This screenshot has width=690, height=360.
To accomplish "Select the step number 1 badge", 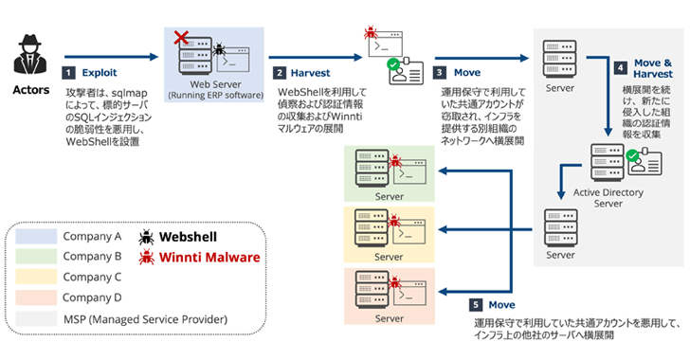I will tap(68, 72).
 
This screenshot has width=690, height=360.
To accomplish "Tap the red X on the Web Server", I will tap(176, 37).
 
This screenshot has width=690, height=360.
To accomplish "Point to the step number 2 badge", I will tap(281, 72).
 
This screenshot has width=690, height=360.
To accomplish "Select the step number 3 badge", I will tap(441, 72).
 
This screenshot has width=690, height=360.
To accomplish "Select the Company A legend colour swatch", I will tap(35, 236).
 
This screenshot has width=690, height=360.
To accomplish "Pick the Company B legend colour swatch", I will tap(35, 257).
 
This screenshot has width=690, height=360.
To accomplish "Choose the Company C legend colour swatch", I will tap(35, 278).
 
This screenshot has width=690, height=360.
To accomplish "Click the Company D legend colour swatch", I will tap(35, 298).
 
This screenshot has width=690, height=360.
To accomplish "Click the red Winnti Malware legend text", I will tap(210, 257).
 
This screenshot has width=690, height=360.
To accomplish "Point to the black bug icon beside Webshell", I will tap(148, 236).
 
